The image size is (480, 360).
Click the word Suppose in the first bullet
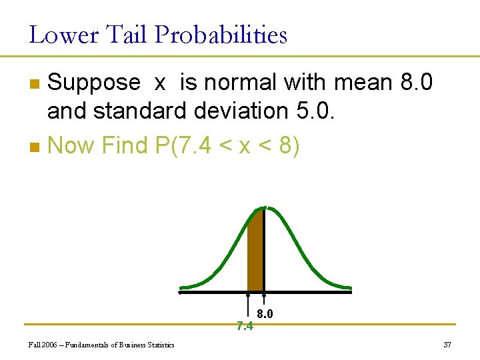(x=94, y=83)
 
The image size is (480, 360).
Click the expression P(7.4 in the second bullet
(x=183, y=145)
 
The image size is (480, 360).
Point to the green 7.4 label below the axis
(x=245, y=326)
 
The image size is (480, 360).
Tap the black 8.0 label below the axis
(x=265, y=313)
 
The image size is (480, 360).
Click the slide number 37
(x=447, y=345)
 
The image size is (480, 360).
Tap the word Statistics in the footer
(x=160, y=345)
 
